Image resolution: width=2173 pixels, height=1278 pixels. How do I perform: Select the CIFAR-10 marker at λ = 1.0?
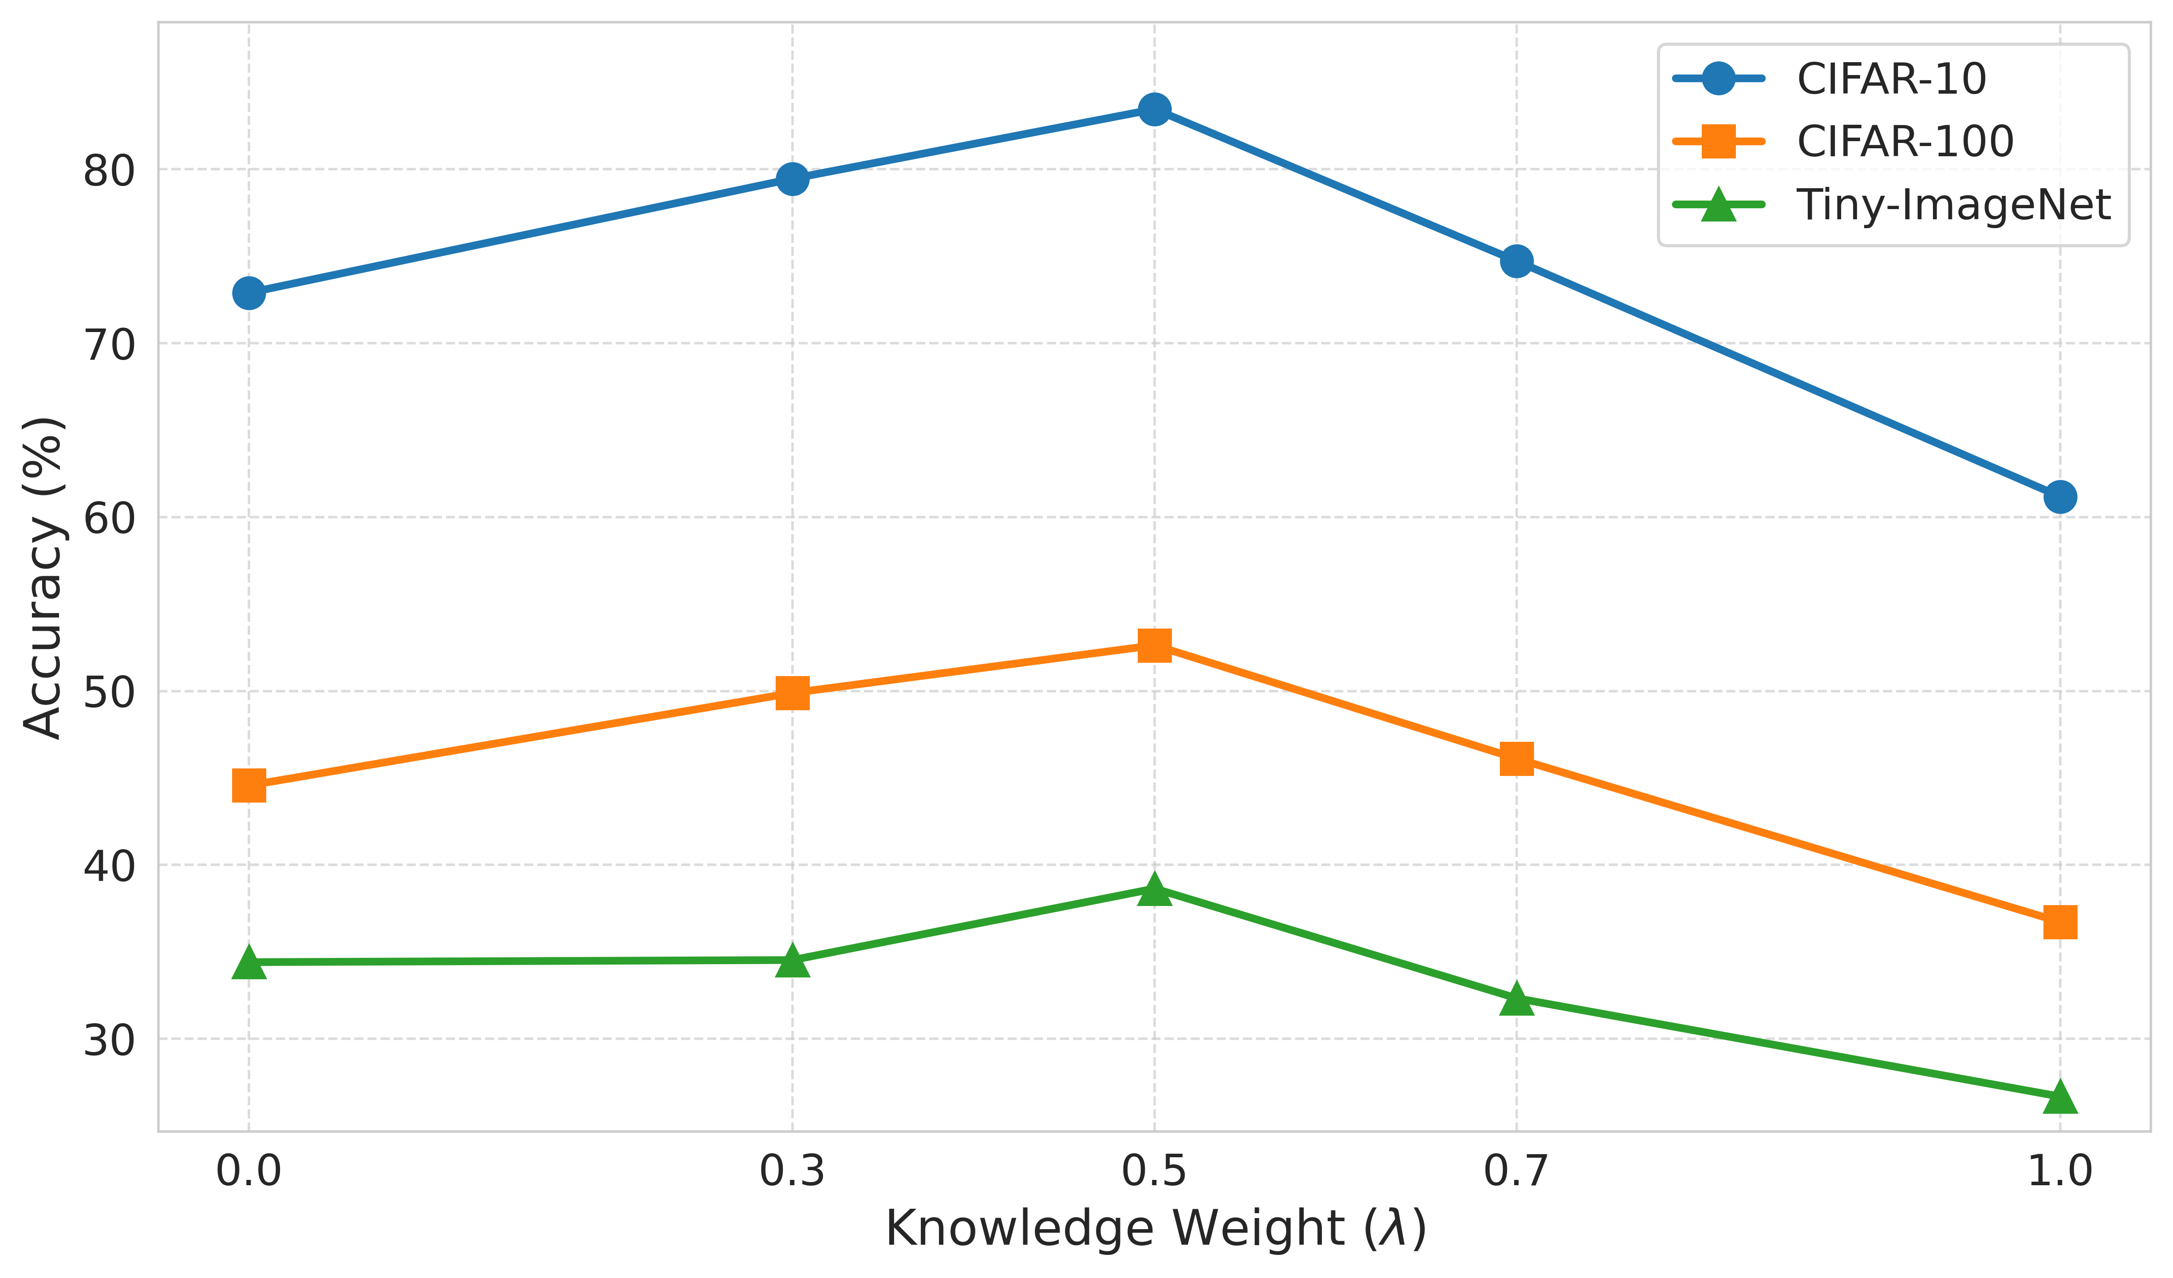(x=2060, y=497)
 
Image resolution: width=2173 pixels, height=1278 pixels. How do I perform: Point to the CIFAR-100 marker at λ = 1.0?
(x=2060, y=922)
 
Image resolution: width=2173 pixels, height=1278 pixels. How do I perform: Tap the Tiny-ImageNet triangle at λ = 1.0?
(x=2060, y=1097)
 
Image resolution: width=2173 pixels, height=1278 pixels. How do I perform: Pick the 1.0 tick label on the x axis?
(x=2060, y=1172)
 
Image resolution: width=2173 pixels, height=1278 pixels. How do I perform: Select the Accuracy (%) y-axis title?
(x=43, y=578)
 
